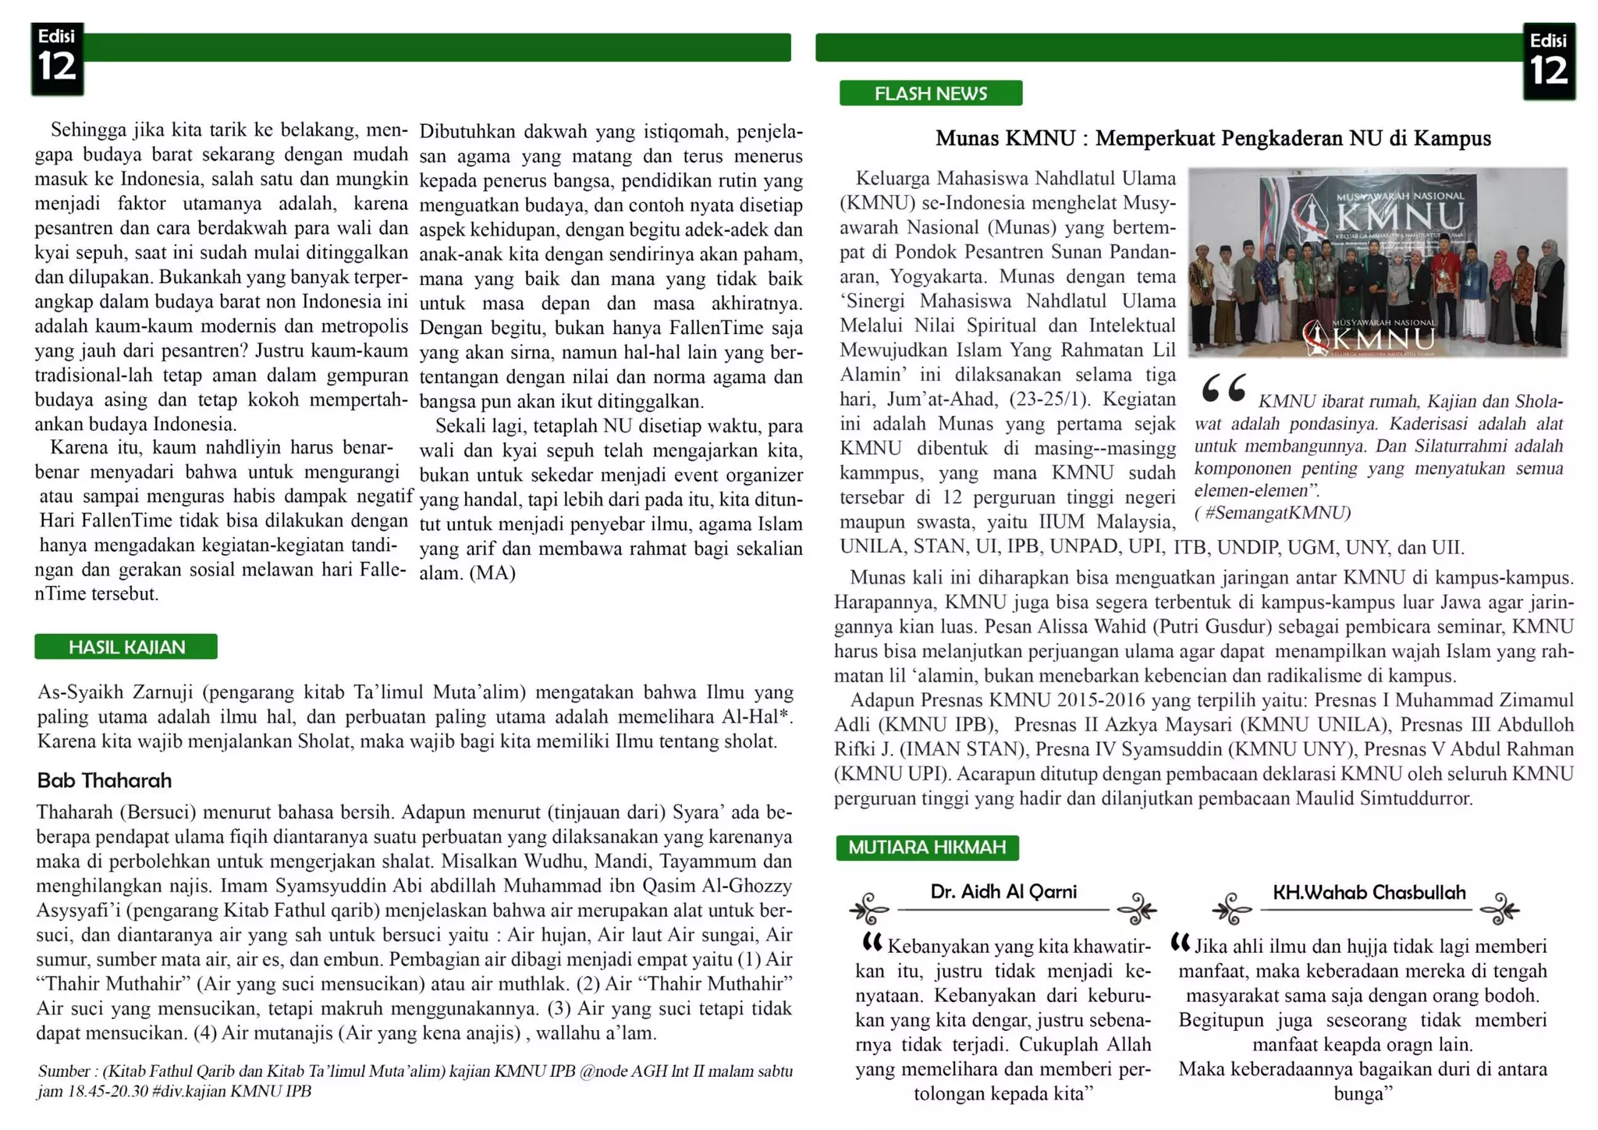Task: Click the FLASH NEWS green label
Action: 930,94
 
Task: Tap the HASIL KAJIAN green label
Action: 126,647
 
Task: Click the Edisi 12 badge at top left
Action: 57,59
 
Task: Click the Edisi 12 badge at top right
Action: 1549,62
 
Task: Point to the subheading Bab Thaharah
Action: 104,780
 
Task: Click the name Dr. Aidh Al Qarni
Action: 1003,892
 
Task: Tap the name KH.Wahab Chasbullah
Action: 1369,893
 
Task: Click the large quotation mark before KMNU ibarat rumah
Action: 1223,388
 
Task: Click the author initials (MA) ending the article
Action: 492,574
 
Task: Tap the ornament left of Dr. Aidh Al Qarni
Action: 869,909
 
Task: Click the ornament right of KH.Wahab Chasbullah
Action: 1499,909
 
